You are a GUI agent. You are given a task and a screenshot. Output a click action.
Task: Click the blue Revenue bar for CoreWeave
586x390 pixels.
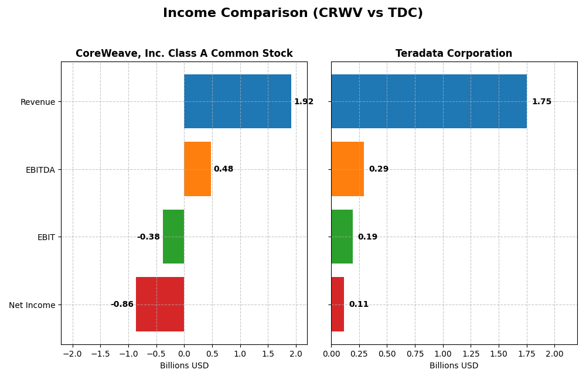pyautogui.click(x=237, y=101)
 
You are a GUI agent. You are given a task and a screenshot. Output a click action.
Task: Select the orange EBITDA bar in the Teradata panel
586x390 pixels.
pyautogui.click(x=347, y=169)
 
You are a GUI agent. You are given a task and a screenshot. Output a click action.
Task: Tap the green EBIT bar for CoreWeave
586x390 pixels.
pyautogui.click(x=173, y=237)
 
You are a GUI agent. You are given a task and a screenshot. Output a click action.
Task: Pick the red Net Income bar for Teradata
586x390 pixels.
pyautogui.click(x=338, y=304)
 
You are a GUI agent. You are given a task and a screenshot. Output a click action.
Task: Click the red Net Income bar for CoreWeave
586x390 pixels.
pyautogui.click(x=160, y=304)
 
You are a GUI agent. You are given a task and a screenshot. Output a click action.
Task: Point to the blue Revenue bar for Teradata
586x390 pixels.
pyautogui.click(x=428, y=101)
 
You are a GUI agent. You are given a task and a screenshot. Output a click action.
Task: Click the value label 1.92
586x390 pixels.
pyautogui.click(x=304, y=102)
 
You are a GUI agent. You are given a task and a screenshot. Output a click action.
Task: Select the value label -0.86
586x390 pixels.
pyautogui.click(x=122, y=305)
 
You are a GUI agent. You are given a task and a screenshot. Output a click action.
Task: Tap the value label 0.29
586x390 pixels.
pyautogui.click(x=379, y=169)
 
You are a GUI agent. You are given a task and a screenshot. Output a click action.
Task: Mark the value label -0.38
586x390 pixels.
pyautogui.click(x=148, y=237)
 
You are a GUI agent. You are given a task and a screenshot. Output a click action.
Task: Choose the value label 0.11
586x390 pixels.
pyautogui.click(x=359, y=305)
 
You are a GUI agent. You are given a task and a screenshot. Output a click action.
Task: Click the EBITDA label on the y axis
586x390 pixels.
pyautogui.click(x=40, y=170)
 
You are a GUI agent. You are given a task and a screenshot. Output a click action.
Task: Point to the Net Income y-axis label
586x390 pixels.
pyautogui.click(x=32, y=305)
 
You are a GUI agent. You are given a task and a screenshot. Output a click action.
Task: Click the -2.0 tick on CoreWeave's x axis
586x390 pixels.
pyautogui.click(x=72, y=354)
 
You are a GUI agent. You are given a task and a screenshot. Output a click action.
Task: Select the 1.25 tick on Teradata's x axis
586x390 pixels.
pyautogui.click(x=471, y=354)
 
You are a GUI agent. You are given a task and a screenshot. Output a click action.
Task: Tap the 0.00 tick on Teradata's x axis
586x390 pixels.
pyautogui.click(x=331, y=354)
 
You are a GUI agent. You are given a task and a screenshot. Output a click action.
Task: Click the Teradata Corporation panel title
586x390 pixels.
pyautogui.click(x=454, y=54)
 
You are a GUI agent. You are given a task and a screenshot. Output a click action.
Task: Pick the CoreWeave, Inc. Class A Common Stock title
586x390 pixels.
pyautogui.click(x=184, y=54)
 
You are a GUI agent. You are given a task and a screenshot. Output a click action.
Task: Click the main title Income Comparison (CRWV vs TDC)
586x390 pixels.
pyautogui.click(x=292, y=13)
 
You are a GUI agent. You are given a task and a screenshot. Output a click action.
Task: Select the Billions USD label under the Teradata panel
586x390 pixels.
pyautogui.click(x=454, y=366)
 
